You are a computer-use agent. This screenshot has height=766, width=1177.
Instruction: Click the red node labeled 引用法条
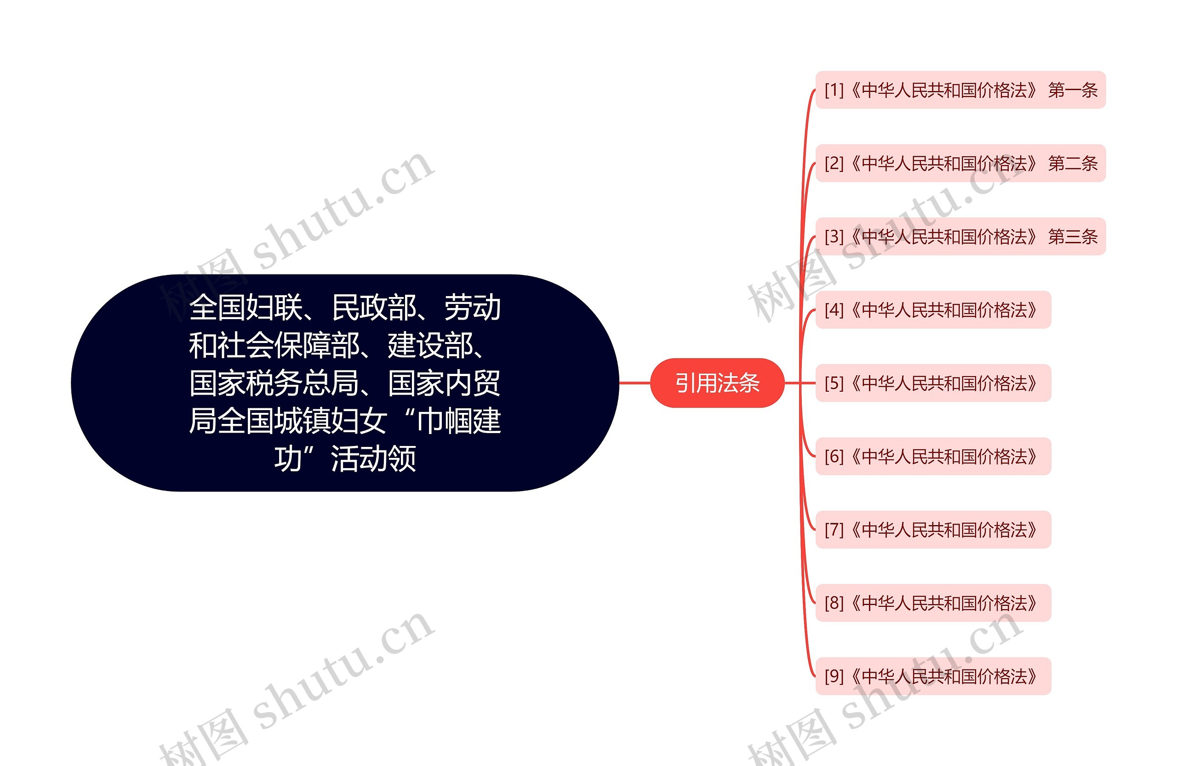tap(717, 383)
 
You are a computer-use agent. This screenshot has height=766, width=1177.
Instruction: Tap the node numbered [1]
tap(960, 90)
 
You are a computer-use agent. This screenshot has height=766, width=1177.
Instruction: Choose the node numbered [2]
tap(960, 163)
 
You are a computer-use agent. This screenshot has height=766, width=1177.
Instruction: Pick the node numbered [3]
tap(960, 236)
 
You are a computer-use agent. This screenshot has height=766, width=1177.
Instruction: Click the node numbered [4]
tap(933, 309)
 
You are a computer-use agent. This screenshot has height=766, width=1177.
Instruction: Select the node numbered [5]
tap(933, 383)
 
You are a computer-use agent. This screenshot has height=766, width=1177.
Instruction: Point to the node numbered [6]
tap(933, 456)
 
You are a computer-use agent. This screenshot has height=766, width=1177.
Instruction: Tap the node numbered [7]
tap(933, 529)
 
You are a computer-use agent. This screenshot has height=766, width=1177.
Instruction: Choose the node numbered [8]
tap(933, 602)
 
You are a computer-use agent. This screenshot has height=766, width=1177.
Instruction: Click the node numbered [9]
tap(933, 675)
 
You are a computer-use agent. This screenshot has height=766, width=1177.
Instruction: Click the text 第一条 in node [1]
tap(1072, 90)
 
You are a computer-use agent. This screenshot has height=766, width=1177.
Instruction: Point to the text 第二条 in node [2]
tap(1072, 163)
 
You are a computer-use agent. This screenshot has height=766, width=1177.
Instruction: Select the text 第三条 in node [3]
tap(1072, 236)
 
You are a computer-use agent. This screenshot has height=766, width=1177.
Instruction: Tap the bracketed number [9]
tap(834, 676)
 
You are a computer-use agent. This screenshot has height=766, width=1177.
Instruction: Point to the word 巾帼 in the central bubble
tap(446, 421)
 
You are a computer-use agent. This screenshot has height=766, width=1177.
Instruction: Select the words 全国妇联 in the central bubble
tap(246, 307)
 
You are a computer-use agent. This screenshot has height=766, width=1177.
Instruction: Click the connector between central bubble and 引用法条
tap(634, 383)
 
